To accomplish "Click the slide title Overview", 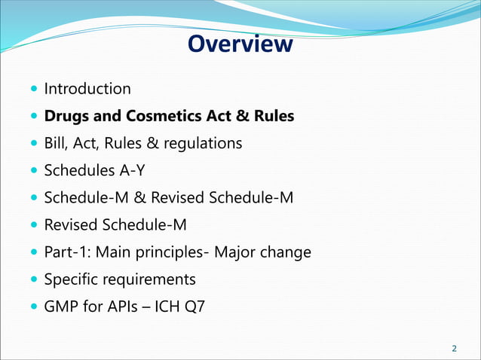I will click(240, 44).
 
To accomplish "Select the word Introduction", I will click(87, 89).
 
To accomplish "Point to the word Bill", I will click(55, 142).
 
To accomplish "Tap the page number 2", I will click(454, 348).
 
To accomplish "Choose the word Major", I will click(237, 252).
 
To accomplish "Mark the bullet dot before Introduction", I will click(35, 90).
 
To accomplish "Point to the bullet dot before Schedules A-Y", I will click(35, 171).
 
